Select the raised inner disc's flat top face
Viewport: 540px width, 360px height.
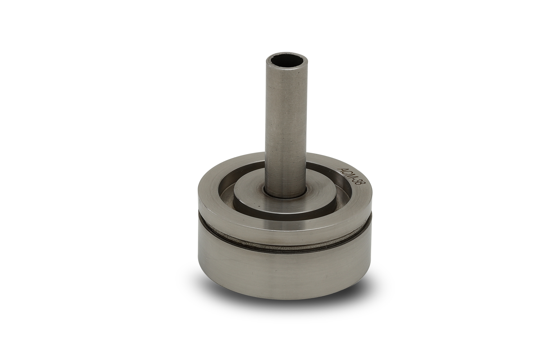coord(284,193)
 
